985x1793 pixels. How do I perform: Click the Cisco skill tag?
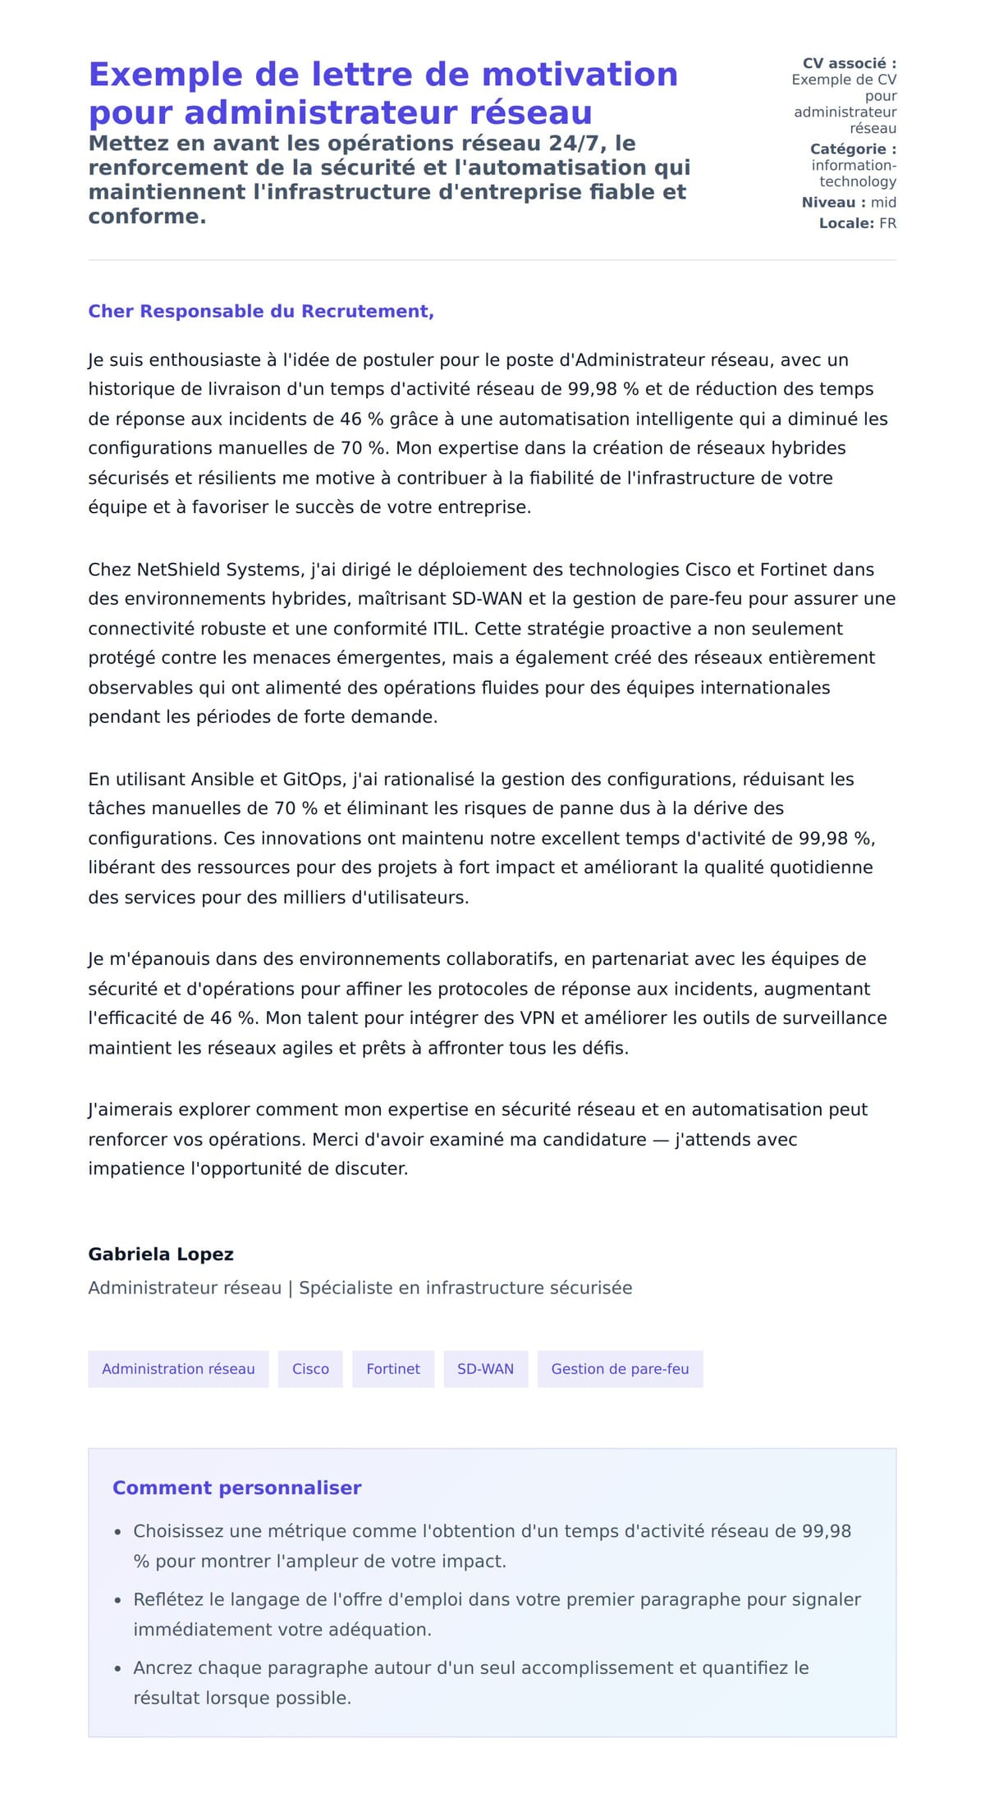point(310,1369)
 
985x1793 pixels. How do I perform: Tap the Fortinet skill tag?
point(393,1369)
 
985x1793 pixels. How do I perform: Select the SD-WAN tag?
point(485,1369)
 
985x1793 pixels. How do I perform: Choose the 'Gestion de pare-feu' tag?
point(620,1369)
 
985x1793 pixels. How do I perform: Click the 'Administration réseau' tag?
point(178,1369)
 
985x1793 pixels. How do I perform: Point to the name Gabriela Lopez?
point(161,1254)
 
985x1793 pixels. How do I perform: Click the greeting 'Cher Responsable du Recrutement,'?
point(261,311)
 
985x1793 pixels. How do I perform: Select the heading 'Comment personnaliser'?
point(236,1488)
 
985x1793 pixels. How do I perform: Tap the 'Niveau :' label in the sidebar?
point(833,202)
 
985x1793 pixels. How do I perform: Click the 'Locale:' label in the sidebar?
point(846,223)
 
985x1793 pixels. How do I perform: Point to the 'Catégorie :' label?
point(853,149)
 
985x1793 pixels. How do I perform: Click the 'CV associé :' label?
point(849,63)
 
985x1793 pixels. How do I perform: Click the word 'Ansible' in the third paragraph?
point(222,779)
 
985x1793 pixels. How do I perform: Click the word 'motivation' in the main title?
point(579,75)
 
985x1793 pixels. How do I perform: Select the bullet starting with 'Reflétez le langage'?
point(497,1613)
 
